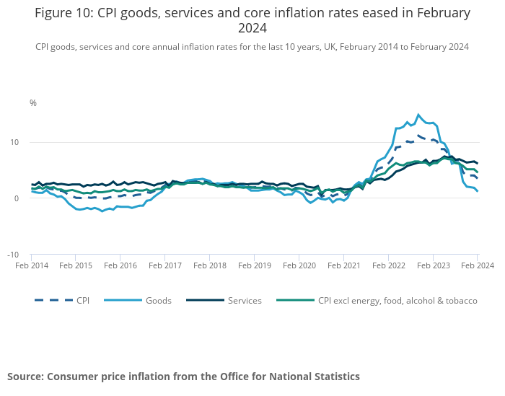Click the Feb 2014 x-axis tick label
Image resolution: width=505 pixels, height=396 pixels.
32,265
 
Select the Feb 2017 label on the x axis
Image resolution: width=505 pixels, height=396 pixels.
165,265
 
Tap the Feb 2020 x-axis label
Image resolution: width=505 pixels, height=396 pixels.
299,265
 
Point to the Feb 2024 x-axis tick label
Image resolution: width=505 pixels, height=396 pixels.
478,265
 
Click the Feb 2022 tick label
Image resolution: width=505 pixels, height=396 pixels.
388,265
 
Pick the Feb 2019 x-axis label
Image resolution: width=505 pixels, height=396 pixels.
254,265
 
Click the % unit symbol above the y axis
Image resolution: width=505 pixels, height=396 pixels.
33,103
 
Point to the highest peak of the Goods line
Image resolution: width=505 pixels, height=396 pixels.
418,114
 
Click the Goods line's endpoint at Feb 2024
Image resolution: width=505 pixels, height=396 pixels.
478,191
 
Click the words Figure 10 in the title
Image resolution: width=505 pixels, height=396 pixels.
69,13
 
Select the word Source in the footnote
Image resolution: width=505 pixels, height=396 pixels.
25,377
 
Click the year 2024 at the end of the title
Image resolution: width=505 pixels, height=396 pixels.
252,29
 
